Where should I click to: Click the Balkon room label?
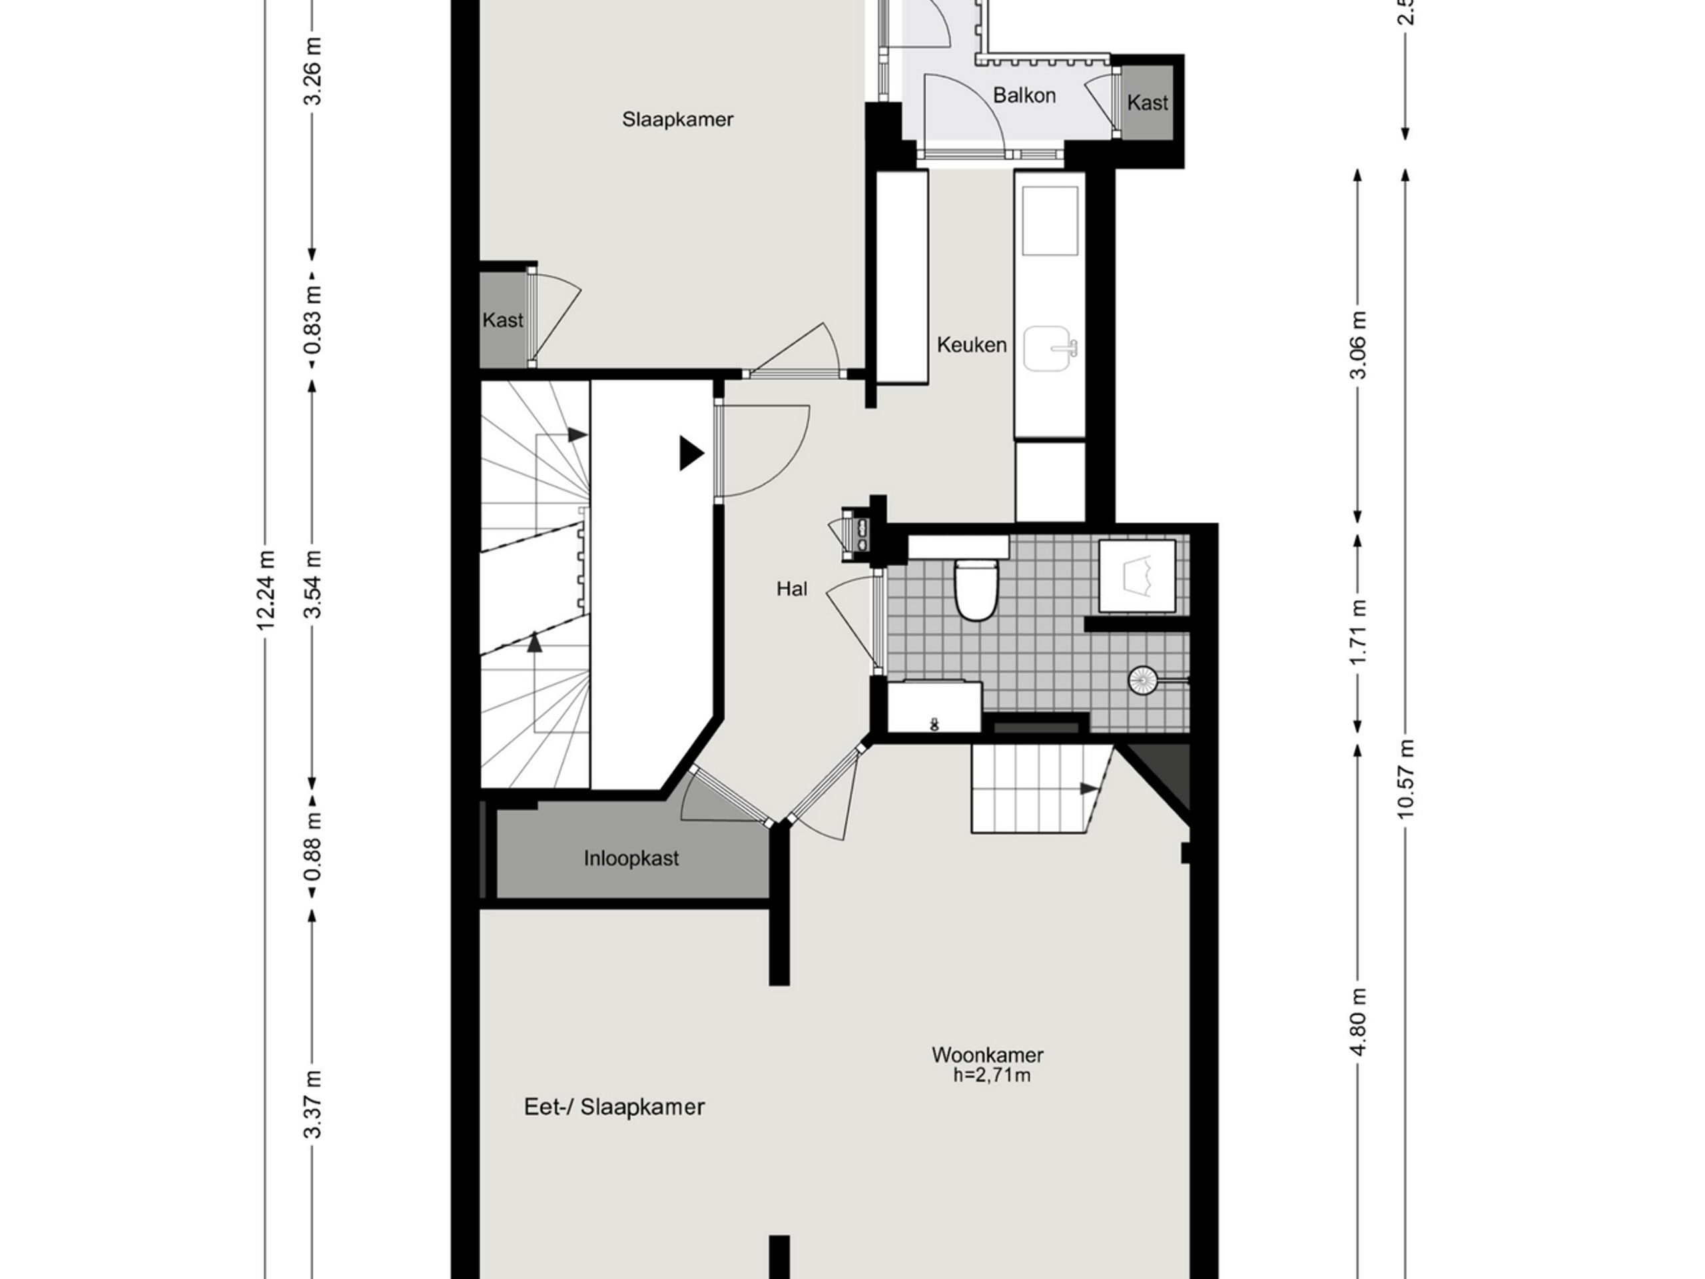pos(1024,96)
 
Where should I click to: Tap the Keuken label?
pos(971,344)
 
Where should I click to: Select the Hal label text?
pos(792,589)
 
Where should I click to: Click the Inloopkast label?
pos(631,858)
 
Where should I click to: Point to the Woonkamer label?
pos(988,1055)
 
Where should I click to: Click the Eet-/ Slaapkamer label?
pos(614,1107)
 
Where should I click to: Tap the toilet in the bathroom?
pos(976,590)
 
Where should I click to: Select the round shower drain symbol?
pos(1142,680)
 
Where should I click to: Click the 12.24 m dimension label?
pos(266,590)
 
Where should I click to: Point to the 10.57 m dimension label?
pos(1405,779)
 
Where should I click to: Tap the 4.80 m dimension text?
pos(1358,1023)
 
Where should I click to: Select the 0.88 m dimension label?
pos(312,847)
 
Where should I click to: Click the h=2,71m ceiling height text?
pos(992,1075)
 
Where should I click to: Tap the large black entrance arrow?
pos(691,454)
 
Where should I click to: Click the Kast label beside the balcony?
pos(1147,103)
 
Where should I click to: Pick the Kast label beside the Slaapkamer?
pos(503,320)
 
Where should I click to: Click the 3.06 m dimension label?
pos(1358,345)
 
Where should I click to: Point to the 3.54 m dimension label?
pos(312,584)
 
